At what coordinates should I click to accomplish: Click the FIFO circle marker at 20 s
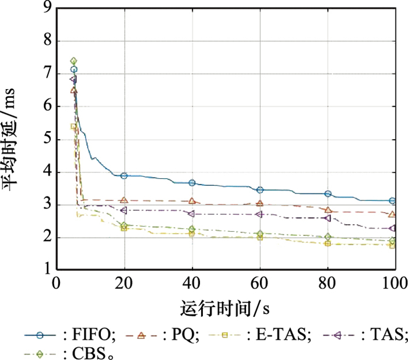[x=124, y=175]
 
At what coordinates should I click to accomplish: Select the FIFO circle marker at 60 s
[x=260, y=190]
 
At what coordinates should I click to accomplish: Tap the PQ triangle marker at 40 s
[x=192, y=201]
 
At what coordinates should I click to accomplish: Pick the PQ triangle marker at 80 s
[x=328, y=210]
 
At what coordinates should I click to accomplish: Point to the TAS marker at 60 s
[x=260, y=214]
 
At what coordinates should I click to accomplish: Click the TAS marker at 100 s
[x=392, y=228]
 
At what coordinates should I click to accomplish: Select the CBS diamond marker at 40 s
[x=192, y=230]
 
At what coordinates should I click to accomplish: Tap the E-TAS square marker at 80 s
[x=328, y=243]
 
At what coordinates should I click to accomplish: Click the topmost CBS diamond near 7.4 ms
[x=73, y=61]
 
